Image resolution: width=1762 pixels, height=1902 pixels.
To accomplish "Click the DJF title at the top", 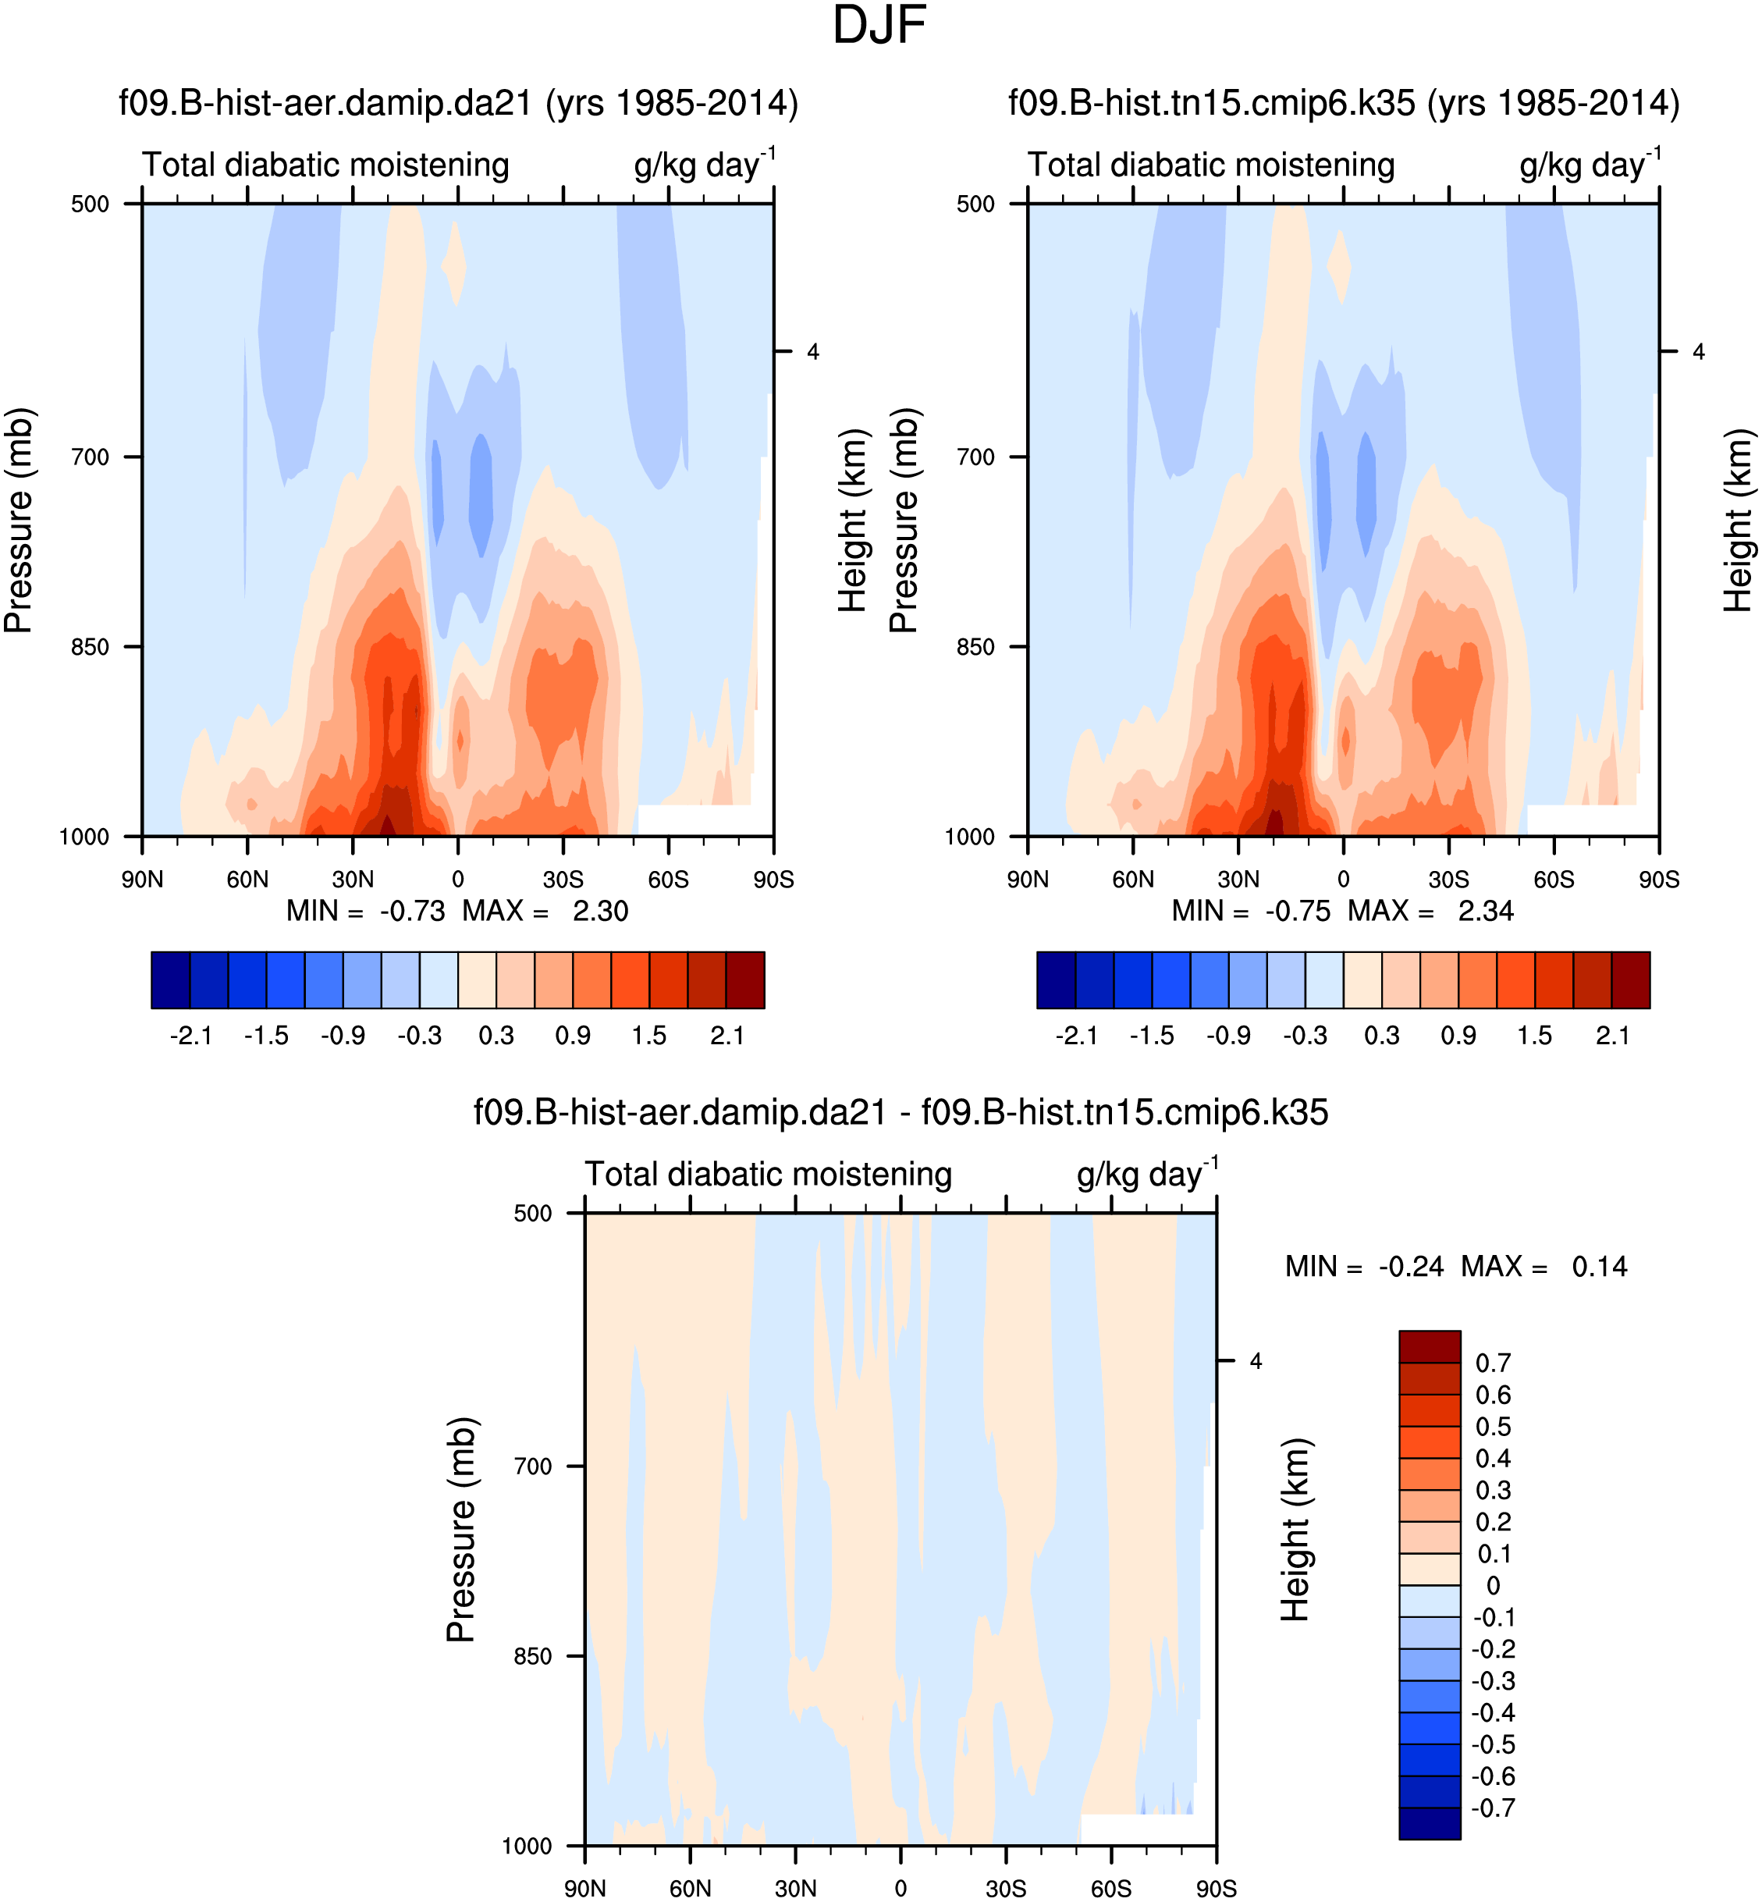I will point(879,26).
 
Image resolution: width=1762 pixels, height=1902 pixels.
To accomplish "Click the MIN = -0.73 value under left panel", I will point(412,912).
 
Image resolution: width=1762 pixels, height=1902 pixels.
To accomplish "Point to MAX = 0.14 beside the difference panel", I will point(1599,1267).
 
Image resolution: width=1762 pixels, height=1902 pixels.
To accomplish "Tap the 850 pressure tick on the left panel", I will point(91,646).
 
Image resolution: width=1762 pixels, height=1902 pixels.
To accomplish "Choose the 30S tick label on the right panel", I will point(1448,879).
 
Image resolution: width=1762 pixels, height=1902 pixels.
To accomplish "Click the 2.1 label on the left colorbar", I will point(726,1036).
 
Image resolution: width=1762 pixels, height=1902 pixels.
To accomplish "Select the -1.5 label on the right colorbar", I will point(1152,1036).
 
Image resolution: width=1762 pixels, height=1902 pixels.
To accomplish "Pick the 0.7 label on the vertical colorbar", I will point(1493,1363).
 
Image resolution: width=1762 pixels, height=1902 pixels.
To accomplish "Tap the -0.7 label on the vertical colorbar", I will point(1493,1808).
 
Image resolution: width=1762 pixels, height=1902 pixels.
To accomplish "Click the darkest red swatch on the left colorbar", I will point(744,979).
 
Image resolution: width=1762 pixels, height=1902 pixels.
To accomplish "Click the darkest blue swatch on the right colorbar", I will point(1056,979).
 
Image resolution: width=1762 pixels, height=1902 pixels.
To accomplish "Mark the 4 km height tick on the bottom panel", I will point(1256,1361).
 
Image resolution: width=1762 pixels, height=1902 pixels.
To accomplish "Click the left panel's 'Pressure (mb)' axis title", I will point(19,521).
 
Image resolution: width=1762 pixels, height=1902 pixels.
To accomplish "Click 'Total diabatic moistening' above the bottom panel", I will point(768,1175).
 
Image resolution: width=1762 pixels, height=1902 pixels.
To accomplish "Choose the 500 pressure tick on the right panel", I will point(975,204).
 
